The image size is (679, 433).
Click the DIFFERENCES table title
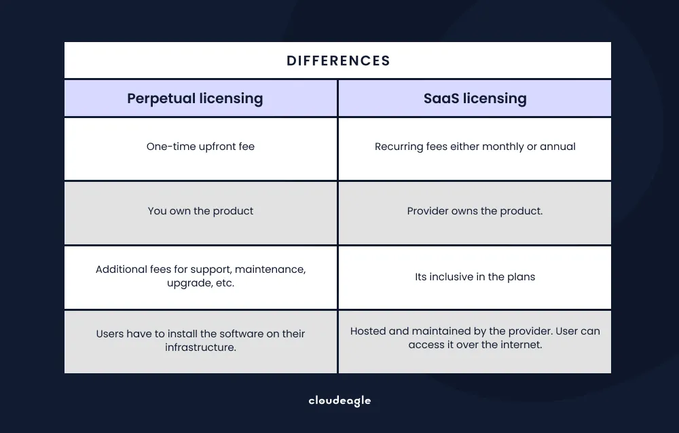point(338,60)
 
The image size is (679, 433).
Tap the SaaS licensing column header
point(475,98)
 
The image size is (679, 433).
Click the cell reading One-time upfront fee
point(200,147)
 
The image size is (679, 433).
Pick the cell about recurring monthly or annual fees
point(475,147)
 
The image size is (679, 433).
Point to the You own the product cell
point(200,211)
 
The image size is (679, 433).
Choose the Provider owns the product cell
point(475,211)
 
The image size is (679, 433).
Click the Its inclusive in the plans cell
point(475,277)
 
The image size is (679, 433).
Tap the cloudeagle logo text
point(339,400)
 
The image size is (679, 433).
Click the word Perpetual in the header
point(160,98)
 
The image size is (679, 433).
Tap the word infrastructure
point(200,347)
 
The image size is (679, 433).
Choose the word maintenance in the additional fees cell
point(270,269)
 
